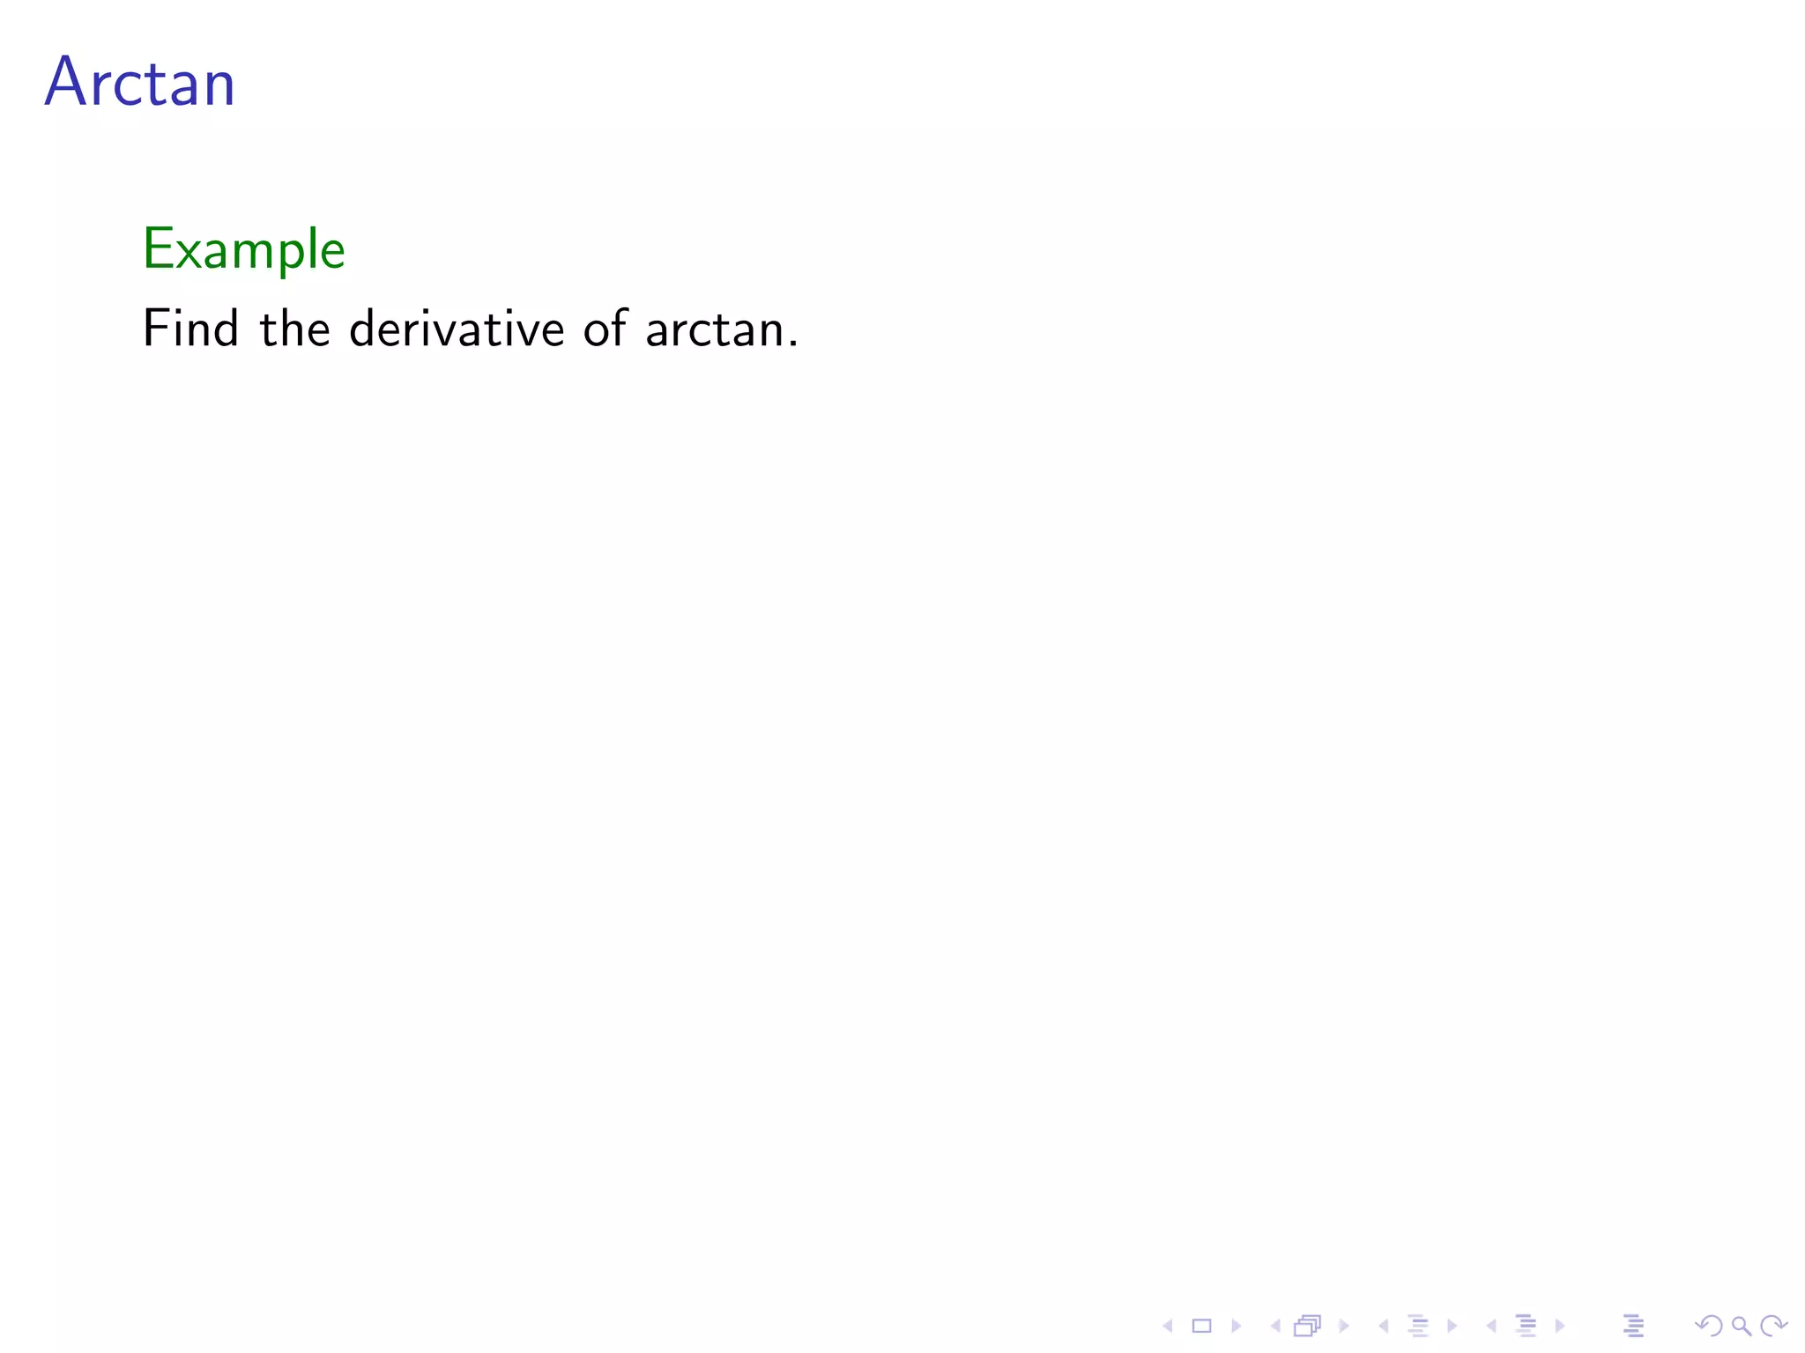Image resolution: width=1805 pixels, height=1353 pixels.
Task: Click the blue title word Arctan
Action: pos(140,83)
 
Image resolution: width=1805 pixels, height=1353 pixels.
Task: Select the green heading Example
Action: pos(243,249)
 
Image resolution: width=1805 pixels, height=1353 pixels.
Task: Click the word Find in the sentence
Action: pos(190,329)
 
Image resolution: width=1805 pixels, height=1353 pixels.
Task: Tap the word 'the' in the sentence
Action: pos(294,329)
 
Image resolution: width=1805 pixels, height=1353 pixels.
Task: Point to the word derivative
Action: pos(457,329)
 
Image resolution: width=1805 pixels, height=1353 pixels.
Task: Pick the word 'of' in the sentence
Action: pos(605,329)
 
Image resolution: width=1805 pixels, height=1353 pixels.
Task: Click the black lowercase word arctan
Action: pos(715,330)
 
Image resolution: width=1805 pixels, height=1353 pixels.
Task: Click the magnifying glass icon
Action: pos(1741,1326)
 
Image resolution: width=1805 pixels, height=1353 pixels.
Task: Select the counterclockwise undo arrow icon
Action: pos(1709,1326)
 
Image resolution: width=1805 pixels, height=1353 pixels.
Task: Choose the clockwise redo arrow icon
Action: pos(1773,1326)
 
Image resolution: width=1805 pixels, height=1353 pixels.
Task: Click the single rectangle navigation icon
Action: pos(1202,1326)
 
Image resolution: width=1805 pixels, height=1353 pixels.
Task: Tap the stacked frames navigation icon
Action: pos(1308,1326)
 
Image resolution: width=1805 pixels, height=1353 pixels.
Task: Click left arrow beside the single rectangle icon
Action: pos(1168,1326)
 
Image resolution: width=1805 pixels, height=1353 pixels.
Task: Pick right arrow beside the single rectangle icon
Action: pos(1236,1326)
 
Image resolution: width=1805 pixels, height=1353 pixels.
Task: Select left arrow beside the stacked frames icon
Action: pos(1275,1326)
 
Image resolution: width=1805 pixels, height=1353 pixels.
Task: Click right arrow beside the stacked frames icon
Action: pos(1344,1326)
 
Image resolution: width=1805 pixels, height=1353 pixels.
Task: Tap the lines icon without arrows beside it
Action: pos(1633,1326)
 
